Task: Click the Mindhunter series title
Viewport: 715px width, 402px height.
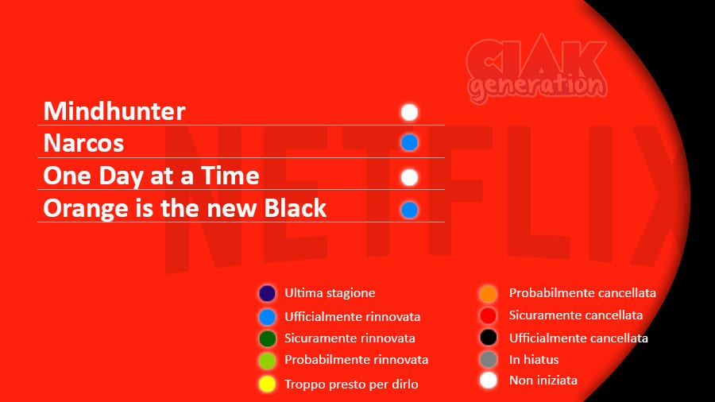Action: pos(114,111)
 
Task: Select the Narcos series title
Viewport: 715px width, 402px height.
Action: pos(83,143)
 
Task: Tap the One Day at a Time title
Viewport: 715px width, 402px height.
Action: pos(152,176)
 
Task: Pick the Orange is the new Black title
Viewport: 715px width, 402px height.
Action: pos(184,208)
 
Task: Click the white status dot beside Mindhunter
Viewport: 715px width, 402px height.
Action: pos(409,112)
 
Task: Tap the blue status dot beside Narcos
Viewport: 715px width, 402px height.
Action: pos(409,143)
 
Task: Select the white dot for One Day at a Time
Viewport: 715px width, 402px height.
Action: pos(409,177)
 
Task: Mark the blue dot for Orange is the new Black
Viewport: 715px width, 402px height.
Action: pos(409,210)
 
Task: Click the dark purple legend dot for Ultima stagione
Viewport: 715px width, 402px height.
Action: pos(267,293)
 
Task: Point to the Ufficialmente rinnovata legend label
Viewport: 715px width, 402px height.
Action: pos(353,317)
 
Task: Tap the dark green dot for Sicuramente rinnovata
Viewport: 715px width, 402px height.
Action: pos(267,338)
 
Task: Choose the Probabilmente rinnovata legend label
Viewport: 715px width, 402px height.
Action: pos(357,360)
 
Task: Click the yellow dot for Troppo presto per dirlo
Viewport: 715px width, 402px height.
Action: pos(267,384)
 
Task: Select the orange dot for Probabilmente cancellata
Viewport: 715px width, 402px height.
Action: pos(489,293)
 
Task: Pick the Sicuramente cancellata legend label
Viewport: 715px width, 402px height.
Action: pos(576,315)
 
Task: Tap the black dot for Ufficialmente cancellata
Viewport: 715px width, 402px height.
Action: pos(489,338)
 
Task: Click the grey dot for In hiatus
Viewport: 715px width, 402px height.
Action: pos(489,359)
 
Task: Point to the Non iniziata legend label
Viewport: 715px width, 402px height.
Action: pos(543,380)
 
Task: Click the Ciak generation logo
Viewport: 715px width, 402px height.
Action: pos(537,68)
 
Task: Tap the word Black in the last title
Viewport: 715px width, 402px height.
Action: pos(296,208)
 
